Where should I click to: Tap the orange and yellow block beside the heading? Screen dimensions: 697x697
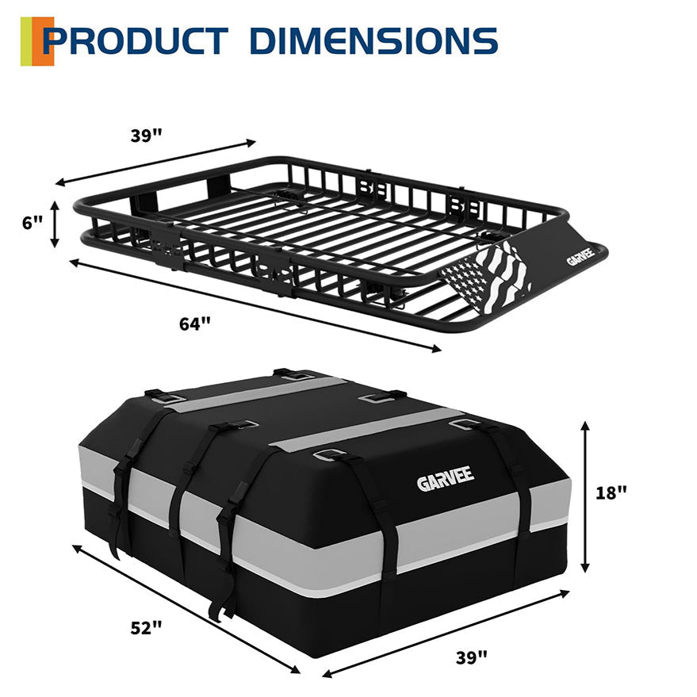point(36,40)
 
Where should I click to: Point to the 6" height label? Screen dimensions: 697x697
point(33,223)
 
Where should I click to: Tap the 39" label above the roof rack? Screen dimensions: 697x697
point(147,135)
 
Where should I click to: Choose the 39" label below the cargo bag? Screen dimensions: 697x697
point(471,656)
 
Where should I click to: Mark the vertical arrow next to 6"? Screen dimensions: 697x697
point(55,224)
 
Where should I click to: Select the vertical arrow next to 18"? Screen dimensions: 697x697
point(585,496)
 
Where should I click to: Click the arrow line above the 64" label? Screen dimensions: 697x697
point(254,304)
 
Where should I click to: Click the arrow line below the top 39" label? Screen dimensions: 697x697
point(155,163)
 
